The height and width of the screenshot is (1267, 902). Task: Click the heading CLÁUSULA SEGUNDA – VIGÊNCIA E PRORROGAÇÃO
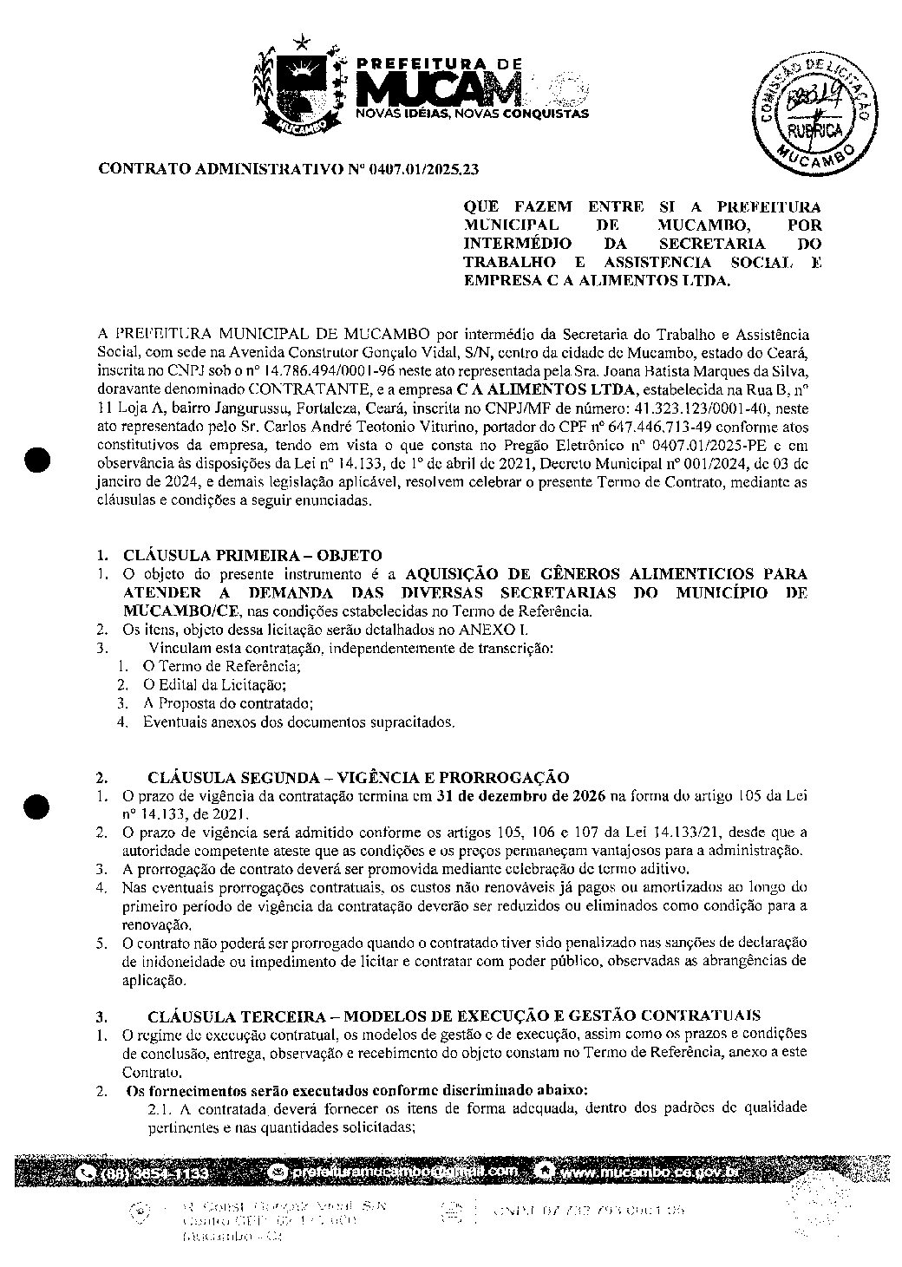point(358,776)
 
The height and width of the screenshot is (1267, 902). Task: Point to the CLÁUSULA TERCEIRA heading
point(454,1016)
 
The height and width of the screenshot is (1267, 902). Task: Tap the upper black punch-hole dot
point(38,460)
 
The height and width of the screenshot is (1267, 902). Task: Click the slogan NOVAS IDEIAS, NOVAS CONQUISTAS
point(473,114)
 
